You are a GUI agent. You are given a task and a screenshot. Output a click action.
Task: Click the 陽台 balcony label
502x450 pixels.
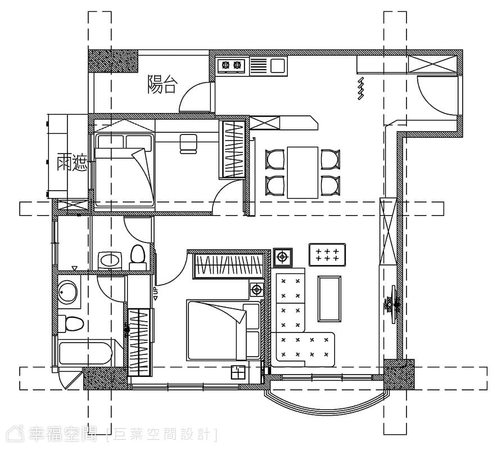pos(162,84)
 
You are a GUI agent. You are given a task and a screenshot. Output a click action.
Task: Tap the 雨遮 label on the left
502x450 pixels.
pos(72,163)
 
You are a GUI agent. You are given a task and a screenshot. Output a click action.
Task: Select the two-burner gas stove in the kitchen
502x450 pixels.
pos(231,65)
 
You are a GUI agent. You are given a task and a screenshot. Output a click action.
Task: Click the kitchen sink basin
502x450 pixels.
pos(278,66)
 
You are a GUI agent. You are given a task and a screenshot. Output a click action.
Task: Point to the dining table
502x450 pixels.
pos(302,172)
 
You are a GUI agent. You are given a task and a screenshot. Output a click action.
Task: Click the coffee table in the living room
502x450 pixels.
pos(329,299)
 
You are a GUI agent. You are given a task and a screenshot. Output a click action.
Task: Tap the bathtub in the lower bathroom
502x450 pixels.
pos(86,354)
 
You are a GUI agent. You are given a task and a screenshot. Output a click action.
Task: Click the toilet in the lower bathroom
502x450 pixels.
pos(71,324)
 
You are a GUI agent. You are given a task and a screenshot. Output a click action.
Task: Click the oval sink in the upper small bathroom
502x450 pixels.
pos(109,260)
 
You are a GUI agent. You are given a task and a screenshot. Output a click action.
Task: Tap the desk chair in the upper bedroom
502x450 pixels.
pos(188,143)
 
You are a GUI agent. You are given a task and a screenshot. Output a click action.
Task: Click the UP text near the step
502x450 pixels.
pos(155,292)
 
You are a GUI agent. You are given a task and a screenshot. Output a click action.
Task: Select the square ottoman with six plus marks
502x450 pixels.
pos(327,255)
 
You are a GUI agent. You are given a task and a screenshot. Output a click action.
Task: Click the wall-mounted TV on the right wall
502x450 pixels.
pos(393,304)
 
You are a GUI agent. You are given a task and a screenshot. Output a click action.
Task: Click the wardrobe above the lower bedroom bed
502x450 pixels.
pos(228,266)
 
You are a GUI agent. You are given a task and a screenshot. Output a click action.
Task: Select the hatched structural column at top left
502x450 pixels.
pos(113,61)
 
